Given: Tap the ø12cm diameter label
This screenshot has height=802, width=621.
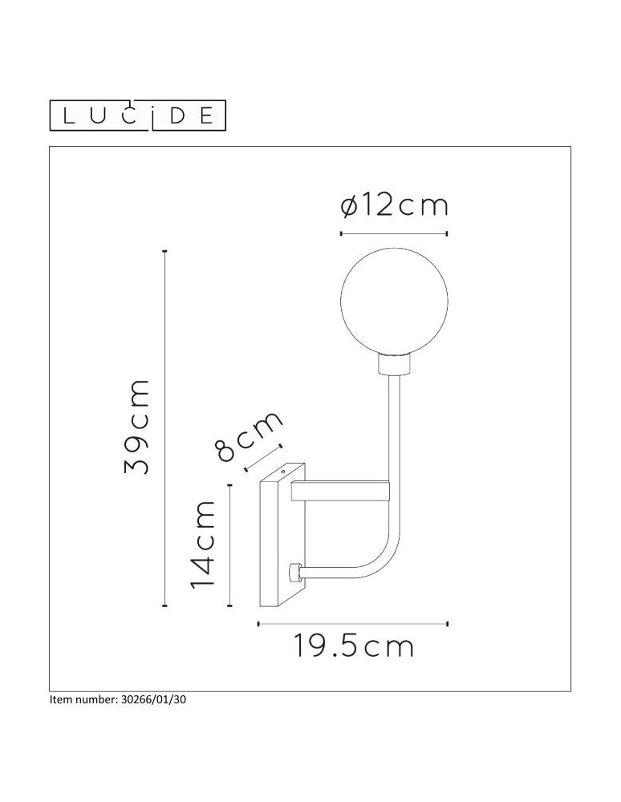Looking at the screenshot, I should point(393,207).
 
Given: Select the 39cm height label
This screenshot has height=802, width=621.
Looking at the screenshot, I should point(137,427).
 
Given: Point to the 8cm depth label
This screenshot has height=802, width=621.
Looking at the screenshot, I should point(250,437).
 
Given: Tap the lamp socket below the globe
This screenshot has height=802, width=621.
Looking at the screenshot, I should point(393,365).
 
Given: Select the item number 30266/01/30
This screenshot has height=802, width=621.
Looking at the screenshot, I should point(122,699).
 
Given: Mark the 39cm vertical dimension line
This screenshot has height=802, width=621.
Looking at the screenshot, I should point(164,427).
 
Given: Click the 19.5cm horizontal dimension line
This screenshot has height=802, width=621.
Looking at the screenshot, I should point(352,622).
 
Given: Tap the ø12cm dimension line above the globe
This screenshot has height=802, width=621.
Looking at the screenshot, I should point(393,233).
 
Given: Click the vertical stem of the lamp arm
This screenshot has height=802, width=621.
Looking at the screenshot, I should point(394,449).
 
